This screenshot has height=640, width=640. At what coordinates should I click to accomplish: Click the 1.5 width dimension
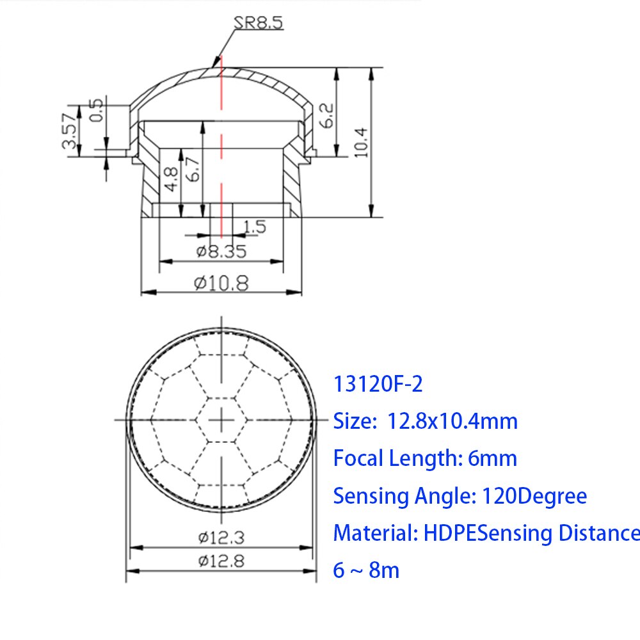[254, 226]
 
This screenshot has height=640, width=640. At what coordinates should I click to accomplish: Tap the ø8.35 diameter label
[221, 252]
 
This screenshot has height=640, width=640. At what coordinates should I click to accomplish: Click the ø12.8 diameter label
[221, 561]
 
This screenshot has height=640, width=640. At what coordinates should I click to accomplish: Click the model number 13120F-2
[378, 385]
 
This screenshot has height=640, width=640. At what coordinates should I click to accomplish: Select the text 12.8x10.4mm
[452, 421]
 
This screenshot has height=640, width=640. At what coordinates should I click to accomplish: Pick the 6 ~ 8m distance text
[366, 570]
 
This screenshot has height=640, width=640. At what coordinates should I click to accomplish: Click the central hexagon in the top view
[221, 419]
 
